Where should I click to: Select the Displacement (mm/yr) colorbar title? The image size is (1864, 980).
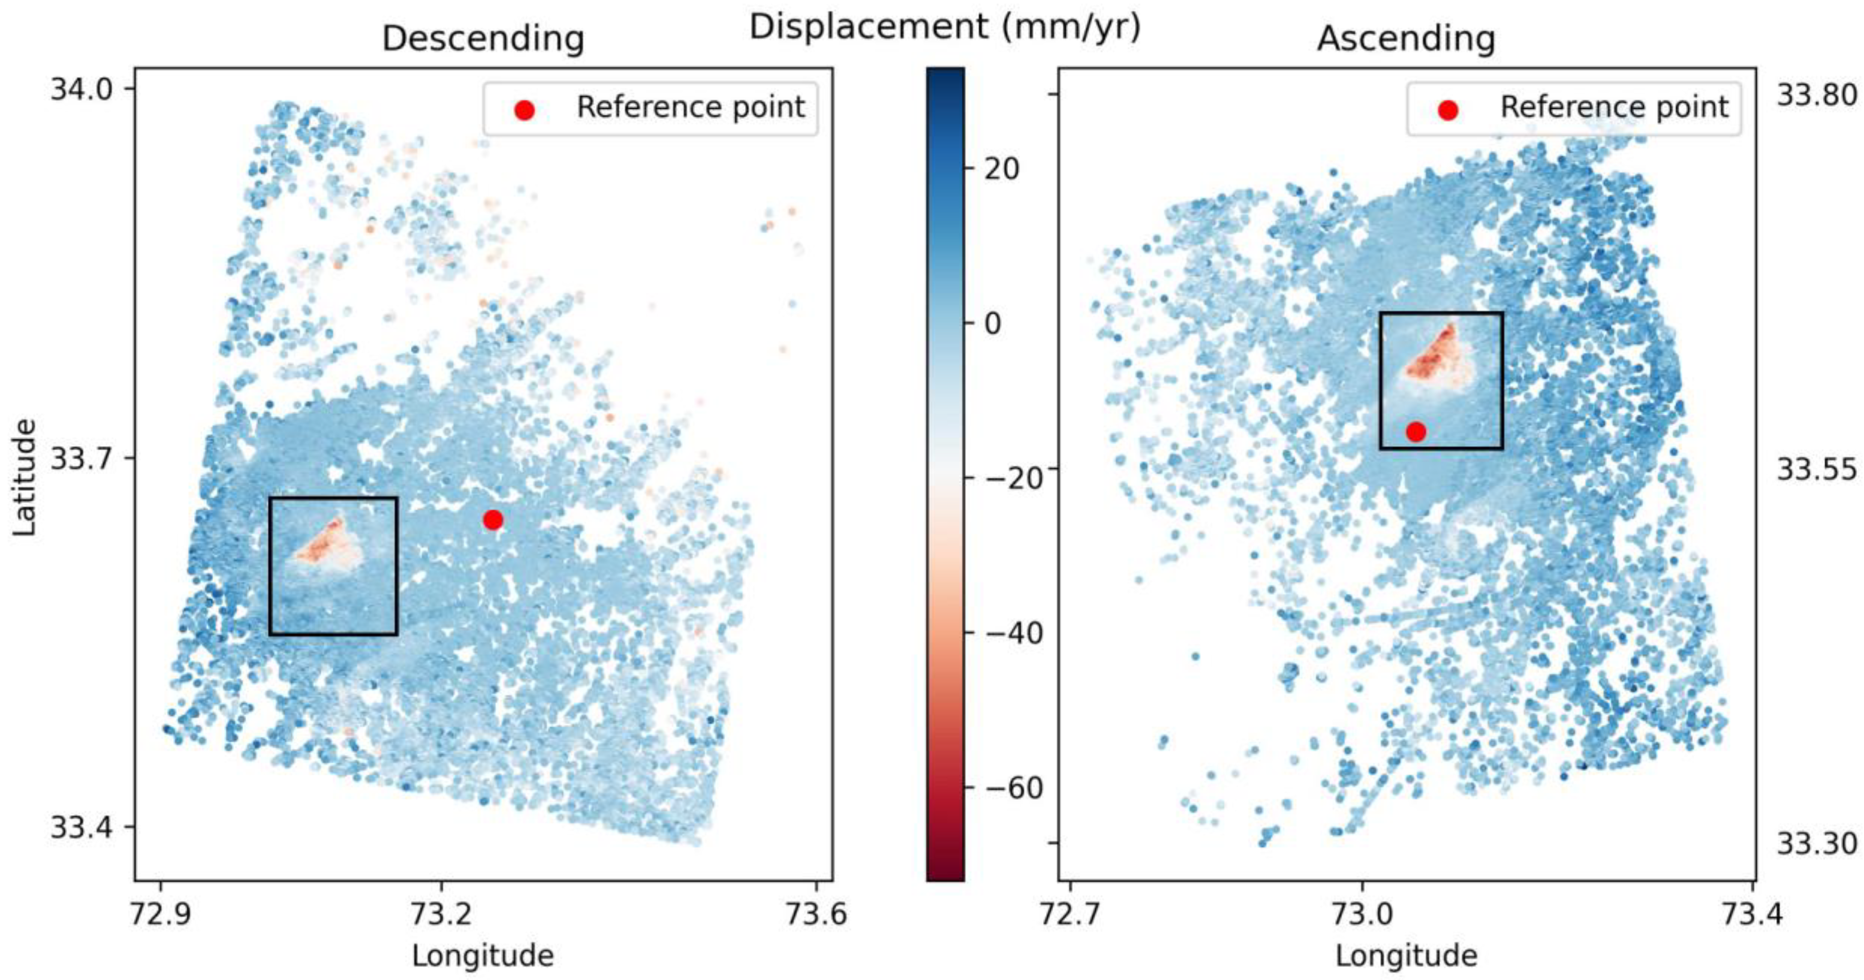[x=945, y=28]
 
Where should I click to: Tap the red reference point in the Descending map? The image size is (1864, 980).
[x=493, y=519]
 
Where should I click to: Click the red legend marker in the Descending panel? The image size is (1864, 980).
[x=524, y=110]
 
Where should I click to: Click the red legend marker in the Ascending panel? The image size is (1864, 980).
[x=1448, y=110]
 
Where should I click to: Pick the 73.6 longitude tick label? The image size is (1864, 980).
[x=817, y=914]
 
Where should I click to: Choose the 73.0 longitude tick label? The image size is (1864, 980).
[x=1363, y=914]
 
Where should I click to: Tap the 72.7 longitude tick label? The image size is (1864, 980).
[x=1070, y=914]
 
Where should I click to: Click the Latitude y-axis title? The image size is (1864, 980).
[x=25, y=477]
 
